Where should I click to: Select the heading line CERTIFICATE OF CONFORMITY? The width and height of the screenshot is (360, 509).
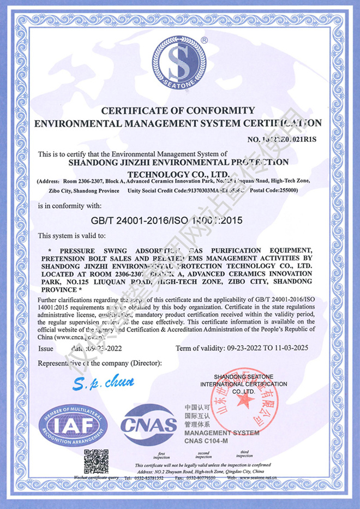[178, 110]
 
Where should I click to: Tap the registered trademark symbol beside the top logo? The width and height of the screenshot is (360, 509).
[204, 40]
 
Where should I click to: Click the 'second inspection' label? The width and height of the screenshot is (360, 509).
[203, 455]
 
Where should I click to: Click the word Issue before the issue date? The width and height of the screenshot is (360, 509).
[46, 348]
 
